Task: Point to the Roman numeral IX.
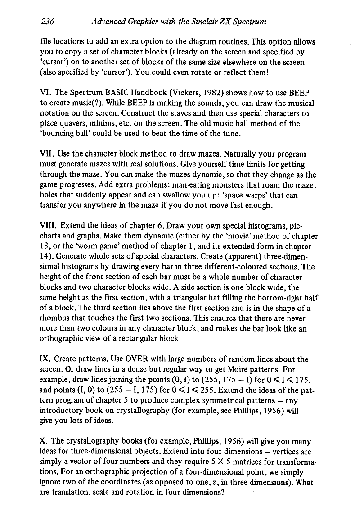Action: click(x=45, y=359)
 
